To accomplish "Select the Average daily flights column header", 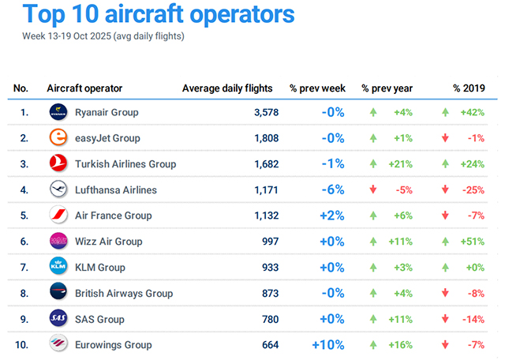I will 227,88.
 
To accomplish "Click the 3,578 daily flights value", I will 266,112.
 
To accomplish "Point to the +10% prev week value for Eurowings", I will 328,345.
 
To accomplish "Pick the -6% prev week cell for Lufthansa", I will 332,189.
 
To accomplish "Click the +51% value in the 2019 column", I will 473,242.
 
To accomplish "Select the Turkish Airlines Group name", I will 125,164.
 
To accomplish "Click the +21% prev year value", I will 403,164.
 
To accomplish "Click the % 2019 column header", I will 469,88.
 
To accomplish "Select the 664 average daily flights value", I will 269,345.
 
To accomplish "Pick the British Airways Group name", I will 124,294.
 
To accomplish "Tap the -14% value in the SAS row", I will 473,319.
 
